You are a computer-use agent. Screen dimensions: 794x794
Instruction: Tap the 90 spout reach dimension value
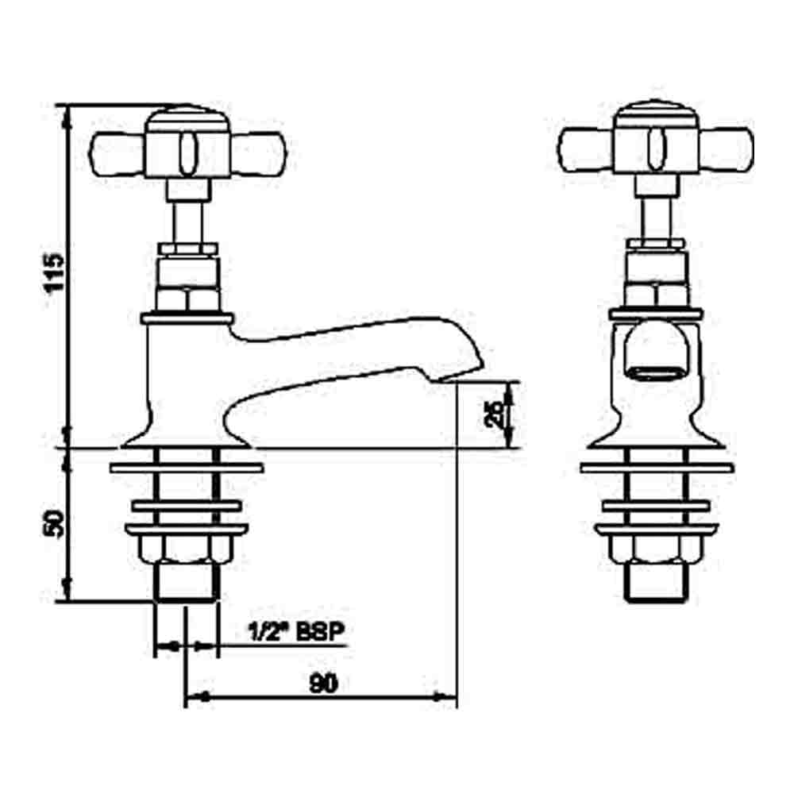click(322, 683)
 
